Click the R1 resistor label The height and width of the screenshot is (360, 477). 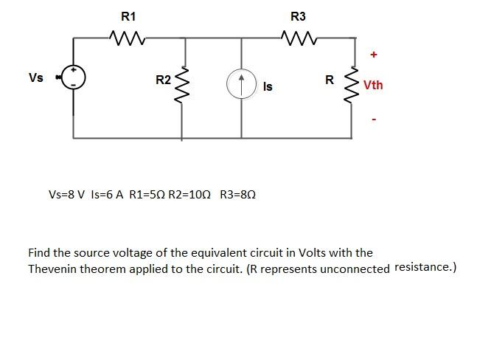pyautogui.click(x=128, y=16)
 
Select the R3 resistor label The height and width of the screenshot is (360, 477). pyautogui.click(x=298, y=16)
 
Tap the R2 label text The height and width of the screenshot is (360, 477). pyautogui.click(x=163, y=80)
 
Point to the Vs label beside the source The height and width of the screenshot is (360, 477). pyautogui.click(x=35, y=77)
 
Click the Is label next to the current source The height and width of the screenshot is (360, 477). pyautogui.click(x=268, y=87)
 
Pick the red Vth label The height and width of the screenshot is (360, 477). pyautogui.click(x=373, y=86)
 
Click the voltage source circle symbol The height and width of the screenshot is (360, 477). pyautogui.click(x=73, y=77)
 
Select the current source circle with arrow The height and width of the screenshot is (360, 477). pyautogui.click(x=241, y=84)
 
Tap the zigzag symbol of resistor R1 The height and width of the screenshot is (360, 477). pyautogui.click(x=127, y=36)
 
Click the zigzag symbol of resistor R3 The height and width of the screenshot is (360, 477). pyautogui.click(x=297, y=36)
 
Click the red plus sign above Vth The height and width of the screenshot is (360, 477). pyautogui.click(x=374, y=55)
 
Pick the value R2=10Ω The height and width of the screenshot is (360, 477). pyautogui.click(x=189, y=195)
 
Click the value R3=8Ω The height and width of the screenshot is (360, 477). pyautogui.click(x=237, y=195)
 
